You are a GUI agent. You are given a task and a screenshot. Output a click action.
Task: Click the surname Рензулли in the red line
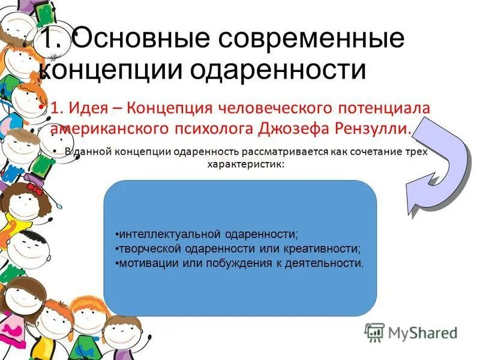pyautogui.click(x=370, y=128)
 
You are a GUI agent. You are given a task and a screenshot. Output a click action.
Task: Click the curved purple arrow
pyautogui.click(x=436, y=163)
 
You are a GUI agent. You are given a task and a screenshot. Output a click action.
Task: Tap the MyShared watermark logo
pyautogui.click(x=411, y=332)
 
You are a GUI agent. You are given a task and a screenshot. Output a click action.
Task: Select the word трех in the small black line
pyautogui.click(x=417, y=152)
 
